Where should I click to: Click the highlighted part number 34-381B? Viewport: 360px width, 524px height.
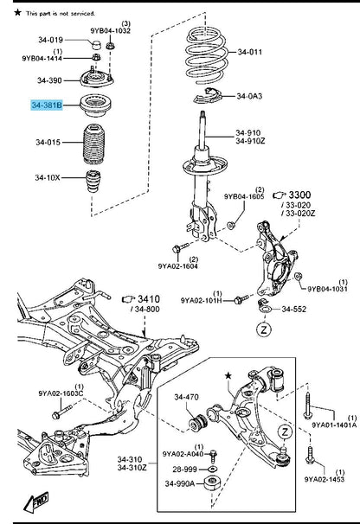pos(47,105)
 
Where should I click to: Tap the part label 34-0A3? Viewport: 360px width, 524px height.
pos(249,96)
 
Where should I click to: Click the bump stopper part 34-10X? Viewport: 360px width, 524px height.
pos(93,182)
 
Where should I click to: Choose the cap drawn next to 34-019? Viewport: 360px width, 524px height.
pos(97,44)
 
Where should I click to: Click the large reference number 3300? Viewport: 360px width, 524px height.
pos(299,195)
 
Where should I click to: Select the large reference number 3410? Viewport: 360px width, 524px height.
pos(149,299)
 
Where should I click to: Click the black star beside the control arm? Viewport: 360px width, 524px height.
pos(228,376)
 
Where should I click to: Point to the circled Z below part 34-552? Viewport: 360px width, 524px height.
pos(264,330)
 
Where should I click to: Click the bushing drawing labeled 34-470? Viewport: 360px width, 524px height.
pos(197,423)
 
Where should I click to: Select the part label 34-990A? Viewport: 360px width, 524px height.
pos(180,483)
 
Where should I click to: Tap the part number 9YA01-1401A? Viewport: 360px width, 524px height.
pos(334,425)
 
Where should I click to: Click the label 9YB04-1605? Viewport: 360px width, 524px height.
pos(244,196)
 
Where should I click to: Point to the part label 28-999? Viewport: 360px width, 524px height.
pos(184,470)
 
